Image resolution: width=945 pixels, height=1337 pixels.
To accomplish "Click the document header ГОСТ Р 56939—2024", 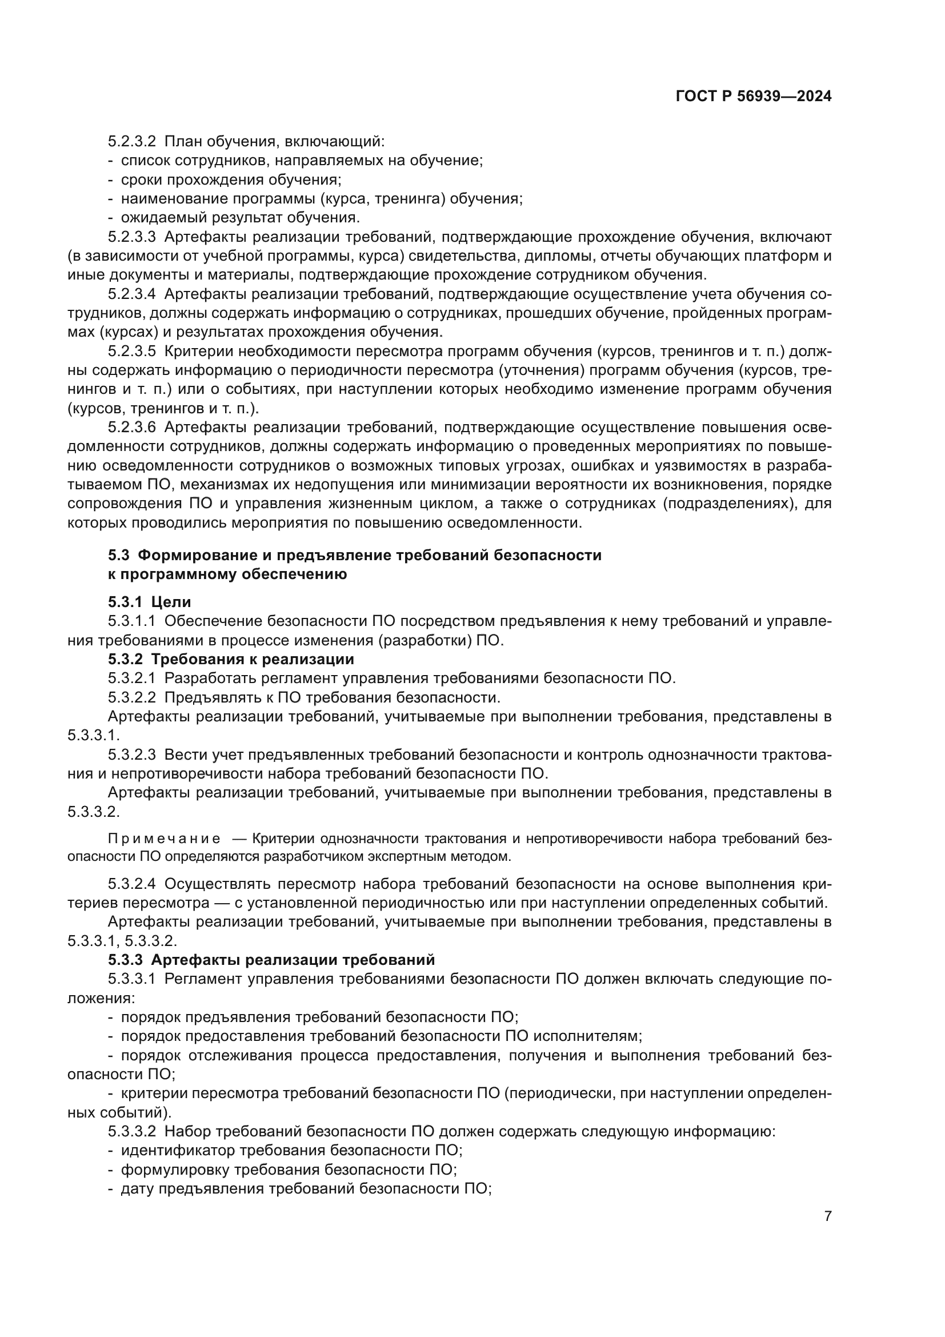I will pyautogui.click(x=754, y=97).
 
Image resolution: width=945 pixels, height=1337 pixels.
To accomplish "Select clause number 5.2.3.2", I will pyautogui.click(x=132, y=142).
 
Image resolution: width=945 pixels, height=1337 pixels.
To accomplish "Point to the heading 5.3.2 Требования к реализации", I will pyautogui.click(x=231, y=659).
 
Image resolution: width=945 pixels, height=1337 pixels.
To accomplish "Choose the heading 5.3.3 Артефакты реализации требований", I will pyautogui.click(x=271, y=960).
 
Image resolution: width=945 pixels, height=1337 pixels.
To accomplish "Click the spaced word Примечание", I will pyautogui.click(x=165, y=839).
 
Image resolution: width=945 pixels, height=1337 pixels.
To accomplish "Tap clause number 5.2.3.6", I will pyautogui.click(x=132, y=428).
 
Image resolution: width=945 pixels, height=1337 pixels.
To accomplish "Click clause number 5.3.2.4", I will pyautogui.click(x=132, y=884).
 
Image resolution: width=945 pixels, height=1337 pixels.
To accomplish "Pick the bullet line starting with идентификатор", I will pyautogui.click(x=291, y=1151).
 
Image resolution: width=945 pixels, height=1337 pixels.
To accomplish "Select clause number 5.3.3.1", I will pyautogui.click(x=132, y=979).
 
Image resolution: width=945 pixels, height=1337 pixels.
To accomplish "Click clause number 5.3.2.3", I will pyautogui.click(x=132, y=755).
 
